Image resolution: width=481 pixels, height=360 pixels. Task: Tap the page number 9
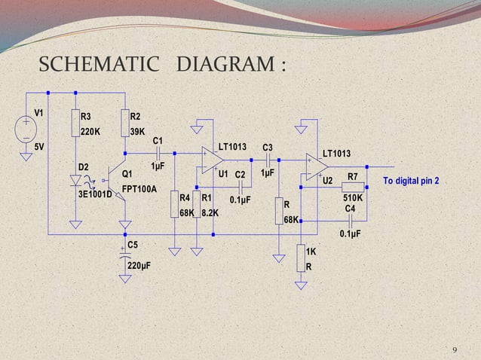(454, 350)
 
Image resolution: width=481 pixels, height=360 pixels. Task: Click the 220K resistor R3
(75, 125)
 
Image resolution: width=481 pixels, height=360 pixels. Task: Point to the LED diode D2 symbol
(75, 181)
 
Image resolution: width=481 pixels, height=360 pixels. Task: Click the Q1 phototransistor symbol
(121, 182)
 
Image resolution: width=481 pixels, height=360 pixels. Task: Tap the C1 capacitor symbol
(159, 153)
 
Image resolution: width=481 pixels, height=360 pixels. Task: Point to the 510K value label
(353, 197)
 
